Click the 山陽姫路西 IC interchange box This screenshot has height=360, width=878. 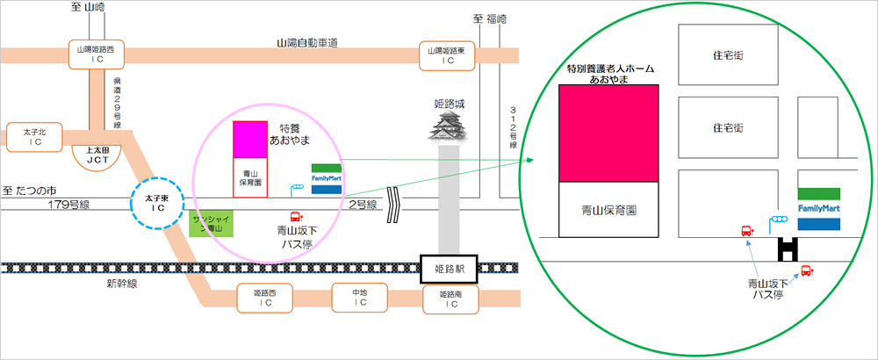click(97, 56)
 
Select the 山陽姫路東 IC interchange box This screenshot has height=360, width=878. click(448, 56)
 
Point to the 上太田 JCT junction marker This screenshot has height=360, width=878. click(97, 156)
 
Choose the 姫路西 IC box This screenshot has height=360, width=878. click(265, 298)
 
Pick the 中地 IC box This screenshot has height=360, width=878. click(360, 298)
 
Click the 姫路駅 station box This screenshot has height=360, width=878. click(449, 269)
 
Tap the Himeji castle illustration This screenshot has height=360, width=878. click(449, 123)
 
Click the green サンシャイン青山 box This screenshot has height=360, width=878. click(208, 223)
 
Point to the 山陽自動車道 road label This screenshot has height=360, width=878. click(308, 42)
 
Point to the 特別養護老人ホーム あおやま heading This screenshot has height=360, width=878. click(610, 73)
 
